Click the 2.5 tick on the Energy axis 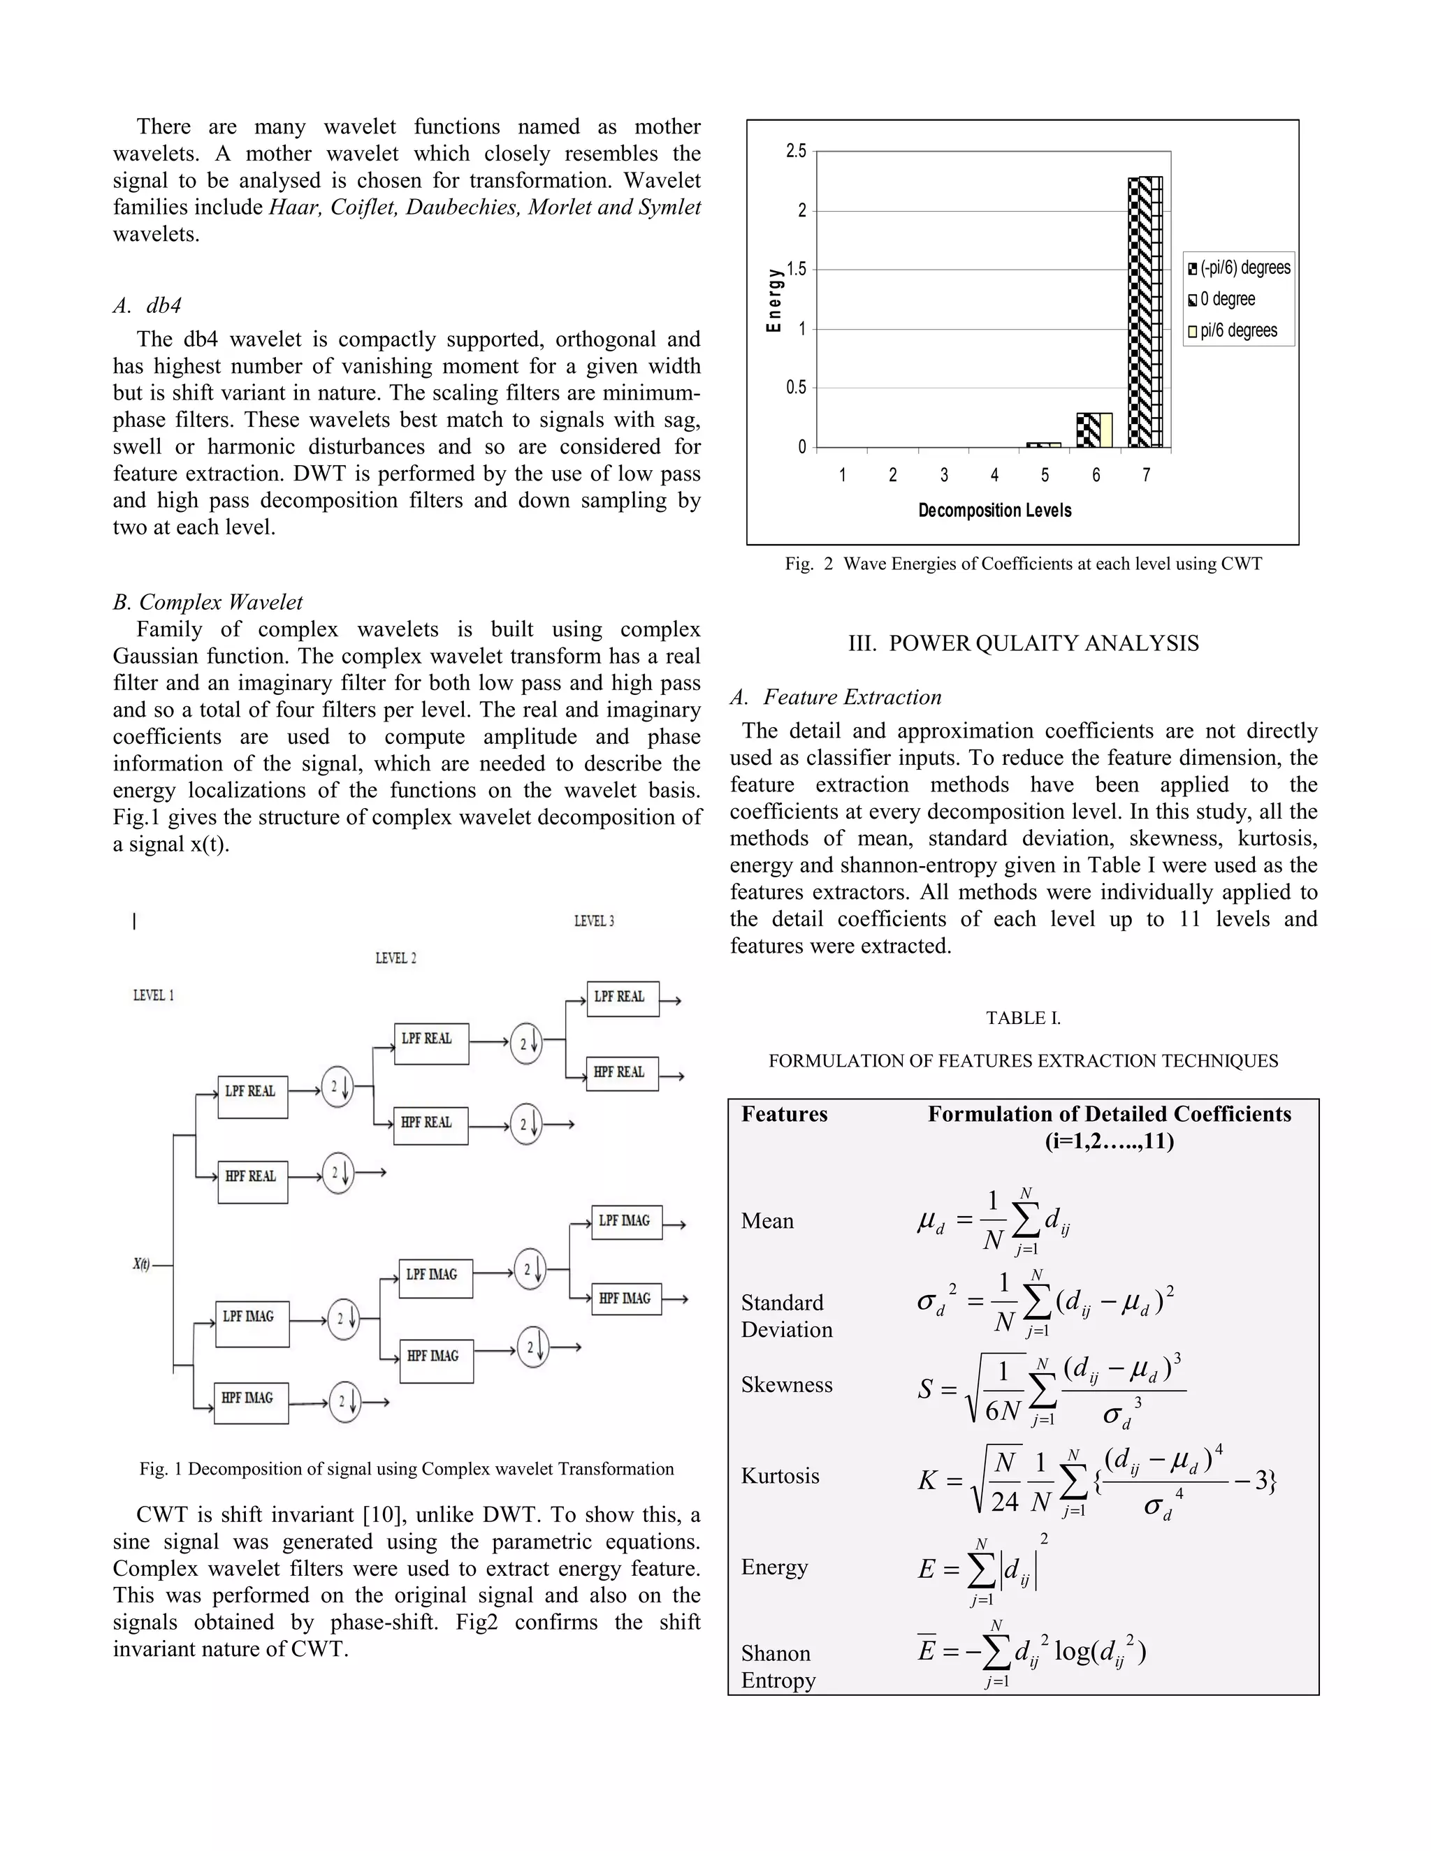point(795,151)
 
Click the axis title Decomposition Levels point(994,510)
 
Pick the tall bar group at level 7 point(1145,312)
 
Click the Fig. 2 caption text point(1023,564)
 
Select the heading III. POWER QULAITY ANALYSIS point(1023,643)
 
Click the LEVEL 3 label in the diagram point(595,921)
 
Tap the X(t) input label point(142,1264)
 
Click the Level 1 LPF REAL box point(253,1097)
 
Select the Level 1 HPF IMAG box point(252,1403)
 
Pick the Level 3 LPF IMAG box point(625,1222)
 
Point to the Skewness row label point(786,1385)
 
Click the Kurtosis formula point(1096,1481)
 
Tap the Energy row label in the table point(774,1567)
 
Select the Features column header point(784,1115)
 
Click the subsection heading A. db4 point(147,305)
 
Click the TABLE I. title point(1023,1018)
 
